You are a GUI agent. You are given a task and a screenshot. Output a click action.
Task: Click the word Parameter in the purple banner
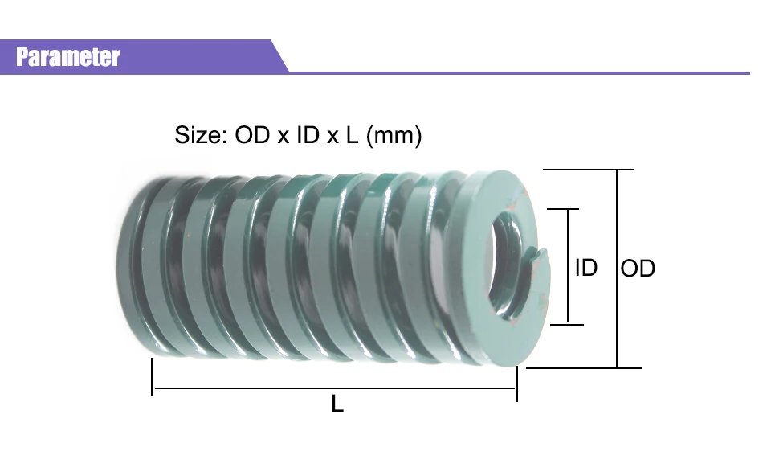coord(67,56)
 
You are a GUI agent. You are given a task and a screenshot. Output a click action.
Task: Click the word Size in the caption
coord(198,135)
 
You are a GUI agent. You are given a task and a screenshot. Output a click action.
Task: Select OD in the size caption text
coord(252,135)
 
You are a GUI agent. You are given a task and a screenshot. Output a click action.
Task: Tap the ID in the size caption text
coord(308,135)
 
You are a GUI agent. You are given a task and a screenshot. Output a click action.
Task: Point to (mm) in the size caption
coord(394,135)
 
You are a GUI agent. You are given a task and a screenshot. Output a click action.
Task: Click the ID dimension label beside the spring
coord(586,268)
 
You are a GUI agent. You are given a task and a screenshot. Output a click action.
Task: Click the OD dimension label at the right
coord(638,269)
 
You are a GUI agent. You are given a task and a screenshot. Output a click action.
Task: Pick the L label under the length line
coord(337,404)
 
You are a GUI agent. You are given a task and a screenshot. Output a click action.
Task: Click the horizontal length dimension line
coord(334,388)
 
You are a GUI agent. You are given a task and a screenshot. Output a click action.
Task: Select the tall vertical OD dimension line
coord(617,269)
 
